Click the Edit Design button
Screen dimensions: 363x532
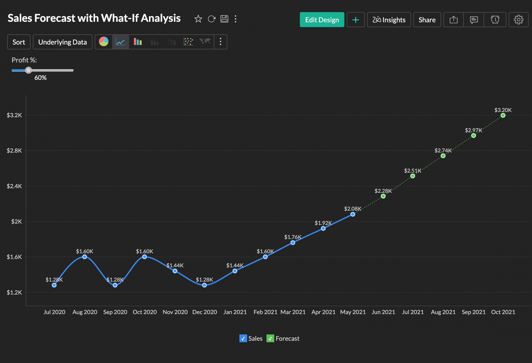(322, 20)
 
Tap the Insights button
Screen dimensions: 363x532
(389, 20)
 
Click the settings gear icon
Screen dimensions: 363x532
(518, 20)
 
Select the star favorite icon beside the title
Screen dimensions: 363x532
(198, 19)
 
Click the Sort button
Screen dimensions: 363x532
(19, 42)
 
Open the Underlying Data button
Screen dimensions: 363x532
(63, 42)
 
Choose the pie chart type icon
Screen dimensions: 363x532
(104, 42)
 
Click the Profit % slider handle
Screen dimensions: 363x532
(28, 70)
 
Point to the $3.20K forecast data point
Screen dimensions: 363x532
(503, 115)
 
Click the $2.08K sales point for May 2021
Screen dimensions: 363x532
(353, 214)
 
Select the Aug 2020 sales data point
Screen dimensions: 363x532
(85, 257)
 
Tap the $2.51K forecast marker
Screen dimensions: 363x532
(413, 176)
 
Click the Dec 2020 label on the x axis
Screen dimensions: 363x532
(205, 312)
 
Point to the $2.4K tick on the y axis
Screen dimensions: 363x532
(14, 186)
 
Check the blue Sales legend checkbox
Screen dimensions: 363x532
(243, 339)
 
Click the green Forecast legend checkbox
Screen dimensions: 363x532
(270, 339)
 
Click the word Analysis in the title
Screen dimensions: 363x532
(161, 18)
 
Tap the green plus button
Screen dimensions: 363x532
(356, 20)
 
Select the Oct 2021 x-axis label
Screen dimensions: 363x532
(503, 312)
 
